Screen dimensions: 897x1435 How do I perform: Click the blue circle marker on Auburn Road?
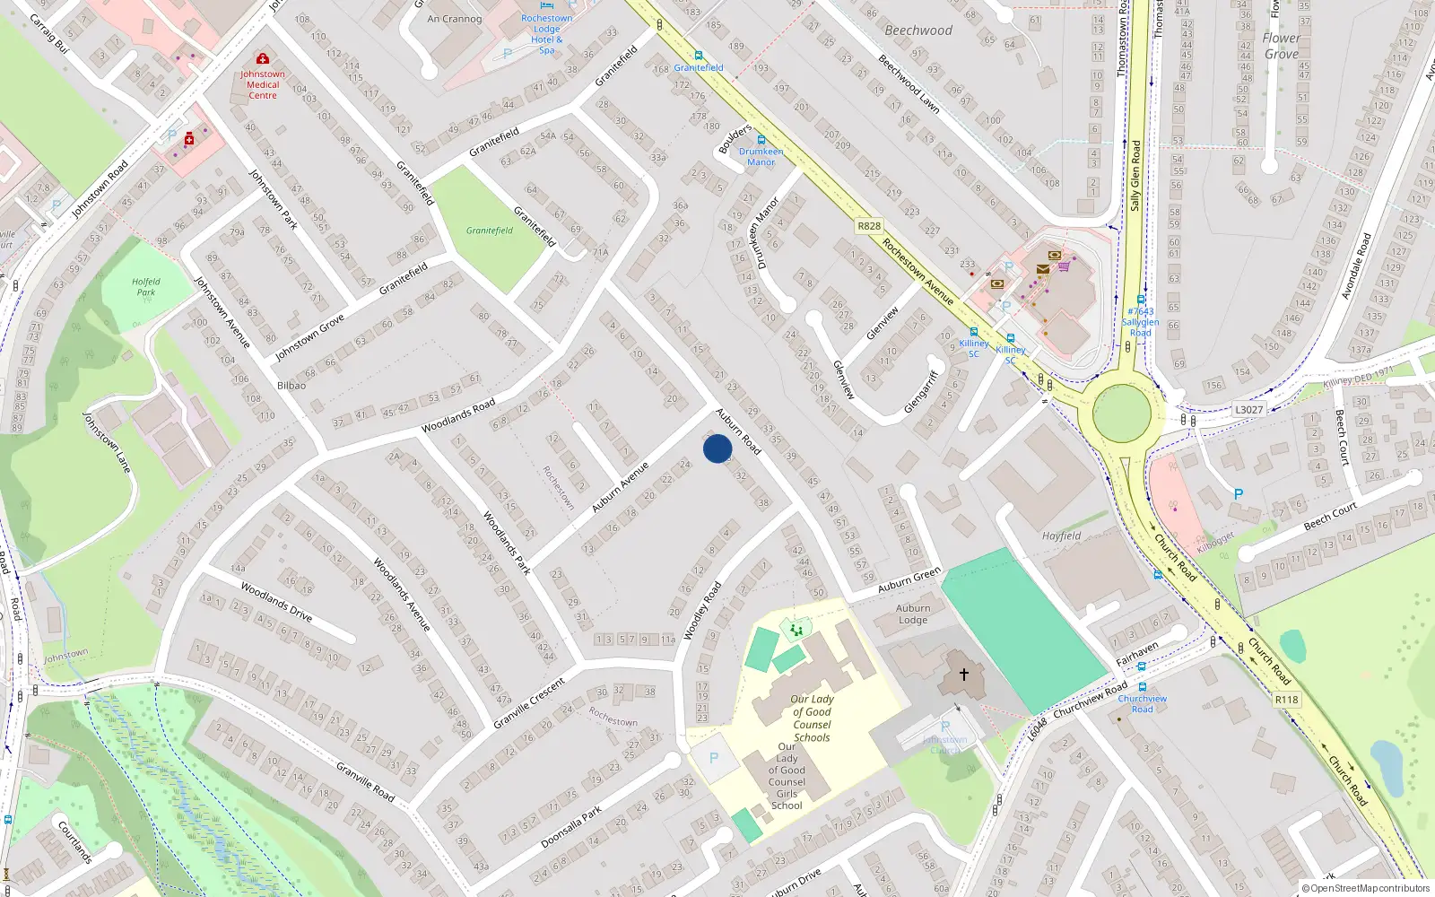[717, 448]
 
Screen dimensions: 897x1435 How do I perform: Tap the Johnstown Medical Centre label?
[263, 84]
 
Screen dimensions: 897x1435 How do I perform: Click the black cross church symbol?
[964, 675]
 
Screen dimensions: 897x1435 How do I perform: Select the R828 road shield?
[868, 226]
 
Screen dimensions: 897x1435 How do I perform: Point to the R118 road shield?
[1286, 700]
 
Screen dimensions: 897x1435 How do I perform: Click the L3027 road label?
[1248, 410]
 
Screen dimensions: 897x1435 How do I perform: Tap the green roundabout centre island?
[1121, 414]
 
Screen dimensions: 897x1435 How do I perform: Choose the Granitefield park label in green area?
[490, 231]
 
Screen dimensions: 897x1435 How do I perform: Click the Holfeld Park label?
[146, 287]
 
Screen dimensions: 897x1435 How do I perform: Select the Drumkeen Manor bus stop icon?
[761, 140]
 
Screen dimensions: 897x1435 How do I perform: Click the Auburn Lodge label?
[913, 614]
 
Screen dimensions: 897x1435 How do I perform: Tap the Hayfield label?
[1061, 536]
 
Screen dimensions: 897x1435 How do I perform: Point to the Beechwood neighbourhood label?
[918, 30]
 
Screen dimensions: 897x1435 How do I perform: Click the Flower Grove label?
[1281, 46]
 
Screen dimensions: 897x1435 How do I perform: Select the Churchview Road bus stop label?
[1142, 703]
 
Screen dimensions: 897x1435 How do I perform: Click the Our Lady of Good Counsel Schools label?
[812, 718]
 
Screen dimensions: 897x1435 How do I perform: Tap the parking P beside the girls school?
[714, 758]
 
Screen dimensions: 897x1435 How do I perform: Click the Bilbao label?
[291, 386]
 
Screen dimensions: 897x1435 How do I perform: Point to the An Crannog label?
[455, 19]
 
